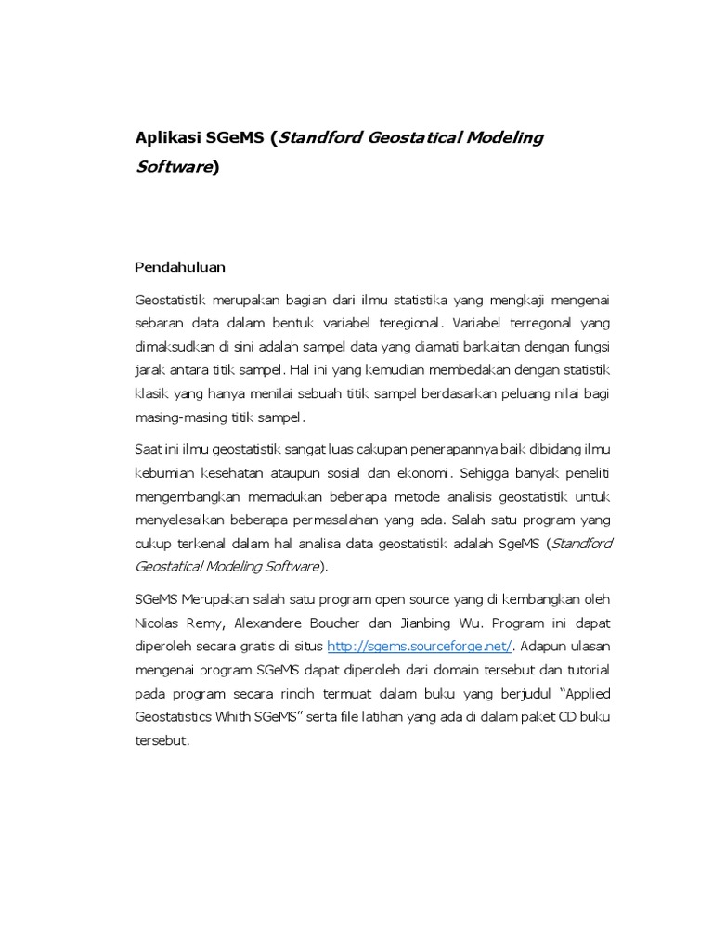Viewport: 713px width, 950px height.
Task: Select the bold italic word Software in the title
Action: pyautogui.click(x=173, y=167)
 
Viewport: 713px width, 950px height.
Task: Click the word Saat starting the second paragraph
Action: pyautogui.click(x=149, y=450)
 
